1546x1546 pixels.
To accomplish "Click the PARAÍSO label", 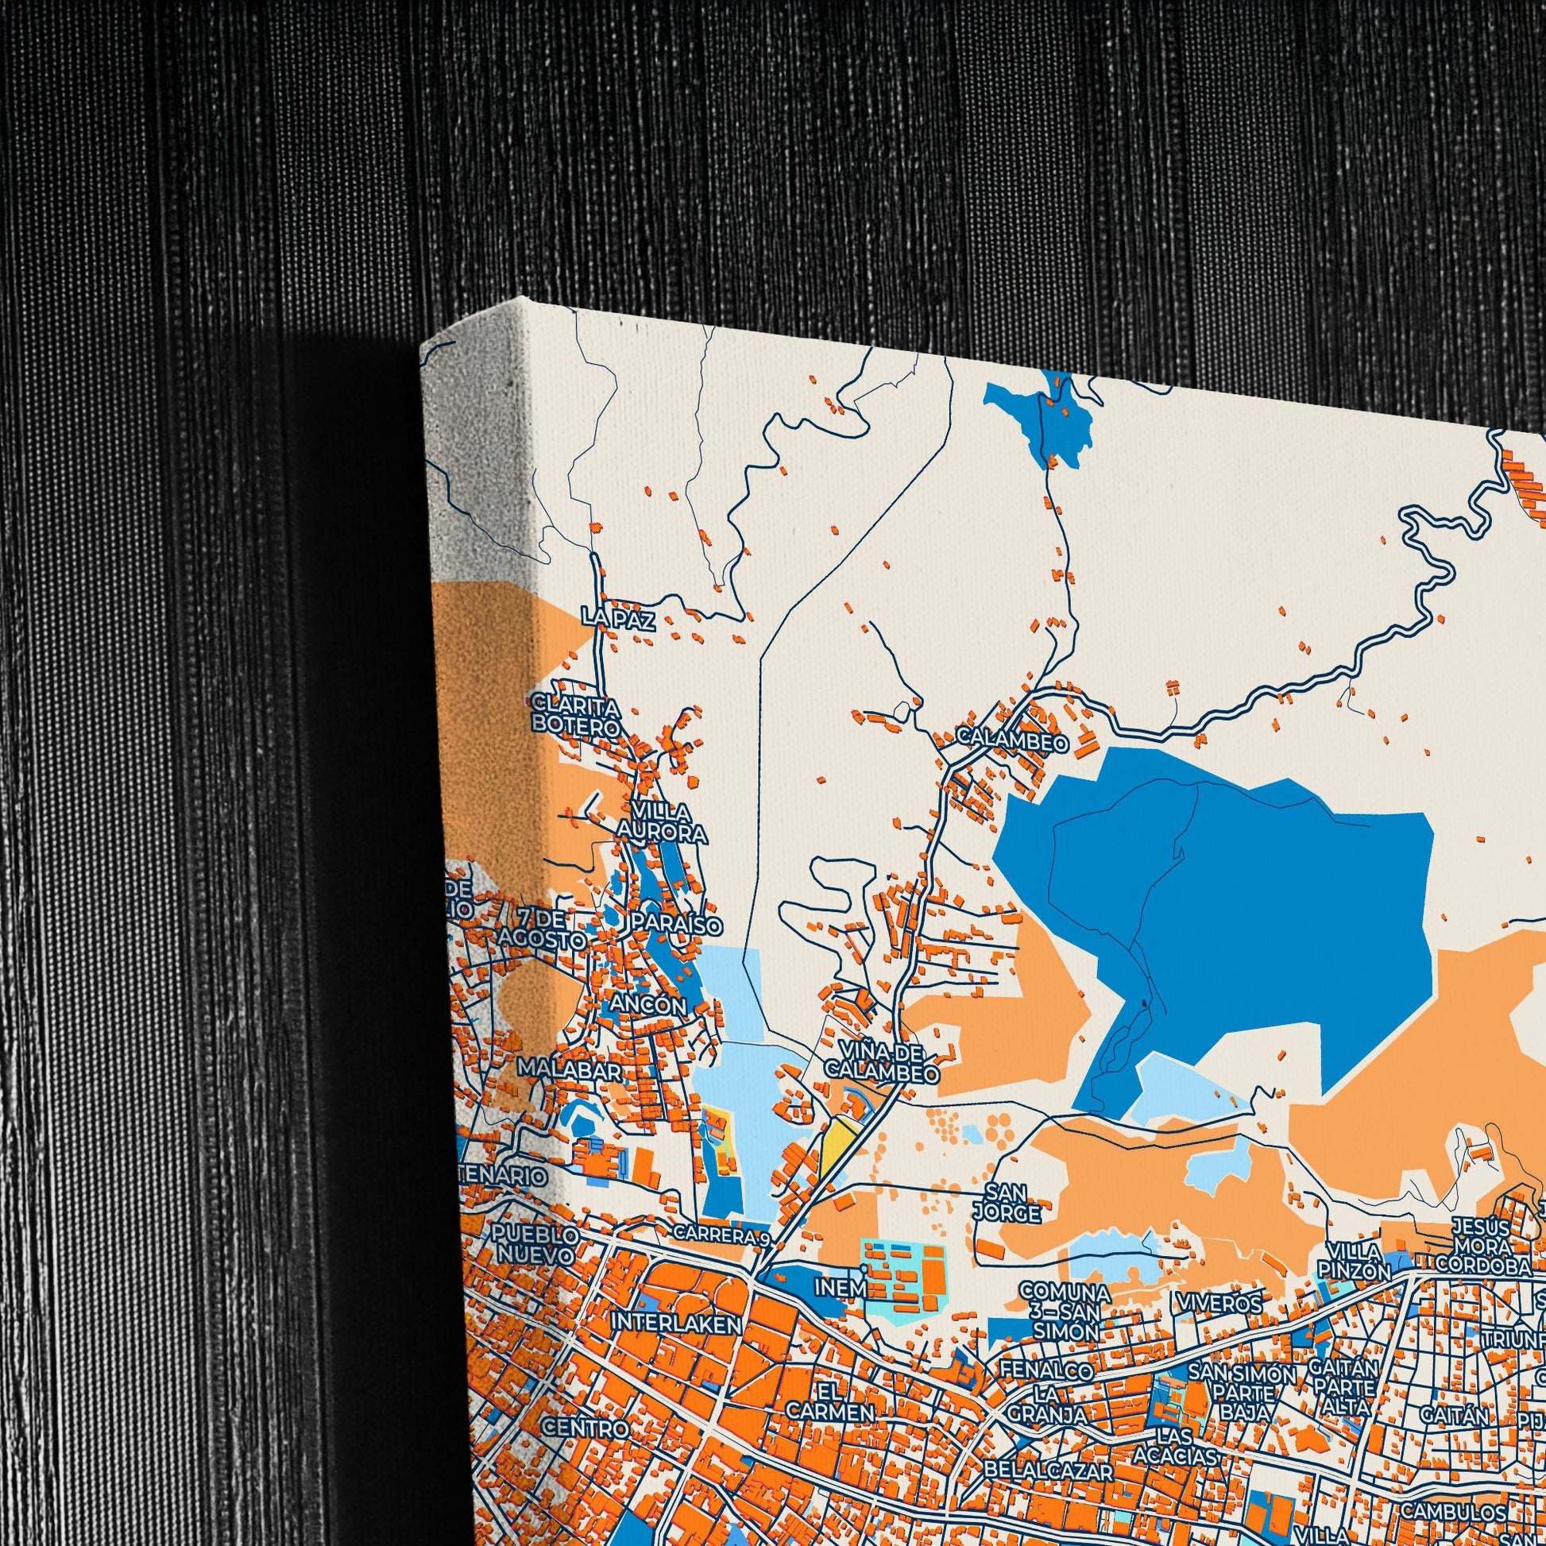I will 676,923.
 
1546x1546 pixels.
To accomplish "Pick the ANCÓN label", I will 648,1003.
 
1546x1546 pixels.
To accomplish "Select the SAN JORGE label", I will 1007,1202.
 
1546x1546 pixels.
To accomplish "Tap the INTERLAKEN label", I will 676,1324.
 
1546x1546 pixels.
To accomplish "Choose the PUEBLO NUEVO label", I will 534,1243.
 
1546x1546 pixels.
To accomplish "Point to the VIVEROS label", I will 1219,1304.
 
